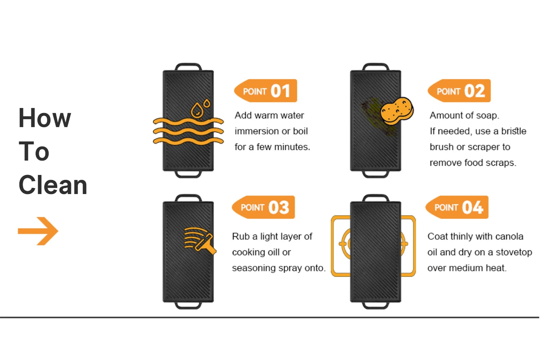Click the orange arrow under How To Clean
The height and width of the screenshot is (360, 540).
(x=38, y=231)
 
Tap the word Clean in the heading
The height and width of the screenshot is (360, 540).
(x=53, y=185)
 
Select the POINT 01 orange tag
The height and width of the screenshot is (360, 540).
(x=265, y=91)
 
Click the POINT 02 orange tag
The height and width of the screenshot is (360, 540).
(x=459, y=91)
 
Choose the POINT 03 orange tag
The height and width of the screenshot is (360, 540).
(x=263, y=207)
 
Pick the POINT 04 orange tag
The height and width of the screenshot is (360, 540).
(x=457, y=207)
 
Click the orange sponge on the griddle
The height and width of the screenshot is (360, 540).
(x=397, y=111)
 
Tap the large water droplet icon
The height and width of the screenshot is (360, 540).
(x=197, y=111)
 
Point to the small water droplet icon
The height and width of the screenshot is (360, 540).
(x=207, y=103)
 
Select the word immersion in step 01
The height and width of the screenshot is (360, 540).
(x=256, y=132)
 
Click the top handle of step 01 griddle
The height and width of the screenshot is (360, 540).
(x=188, y=67)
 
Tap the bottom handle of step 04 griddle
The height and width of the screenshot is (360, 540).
(x=376, y=305)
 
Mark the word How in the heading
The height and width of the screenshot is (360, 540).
(x=45, y=118)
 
